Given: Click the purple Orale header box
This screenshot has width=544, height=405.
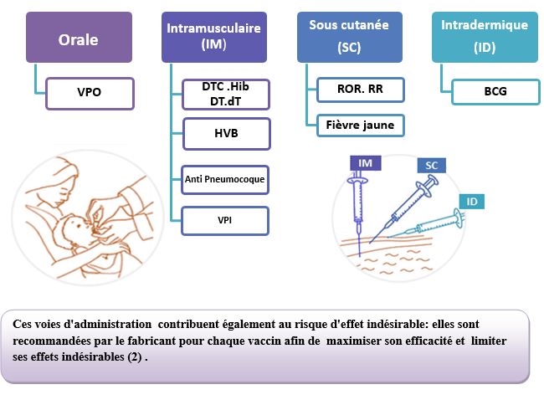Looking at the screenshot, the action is point(80,38).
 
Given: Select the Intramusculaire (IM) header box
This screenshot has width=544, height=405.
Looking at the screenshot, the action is point(214,38).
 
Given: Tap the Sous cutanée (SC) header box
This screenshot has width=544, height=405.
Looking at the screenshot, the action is point(350,38).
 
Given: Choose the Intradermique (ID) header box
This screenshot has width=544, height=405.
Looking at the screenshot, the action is point(485,38).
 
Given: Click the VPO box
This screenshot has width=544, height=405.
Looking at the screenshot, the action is point(90,94).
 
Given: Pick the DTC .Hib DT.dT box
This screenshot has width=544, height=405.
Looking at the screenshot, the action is point(226,95).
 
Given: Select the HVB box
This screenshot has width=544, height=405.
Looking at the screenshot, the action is point(227,134).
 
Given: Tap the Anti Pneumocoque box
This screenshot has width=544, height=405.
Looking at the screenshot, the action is point(225,180).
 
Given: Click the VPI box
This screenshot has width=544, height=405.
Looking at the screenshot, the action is point(225,221).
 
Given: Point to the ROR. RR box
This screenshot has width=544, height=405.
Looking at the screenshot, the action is point(361,90).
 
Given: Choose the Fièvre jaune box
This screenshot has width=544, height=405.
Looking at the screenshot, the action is point(361,126).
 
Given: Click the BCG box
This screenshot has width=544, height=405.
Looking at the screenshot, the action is point(495,92).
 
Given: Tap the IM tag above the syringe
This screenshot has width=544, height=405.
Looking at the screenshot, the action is point(366,163).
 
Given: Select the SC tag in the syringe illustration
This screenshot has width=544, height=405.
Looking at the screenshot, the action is point(432,166).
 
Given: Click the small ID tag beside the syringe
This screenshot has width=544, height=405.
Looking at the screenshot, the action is point(472,202).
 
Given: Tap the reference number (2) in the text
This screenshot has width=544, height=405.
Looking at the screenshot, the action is point(135,356).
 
